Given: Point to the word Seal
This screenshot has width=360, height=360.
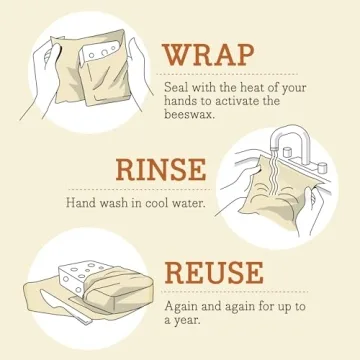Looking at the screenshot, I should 176,87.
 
